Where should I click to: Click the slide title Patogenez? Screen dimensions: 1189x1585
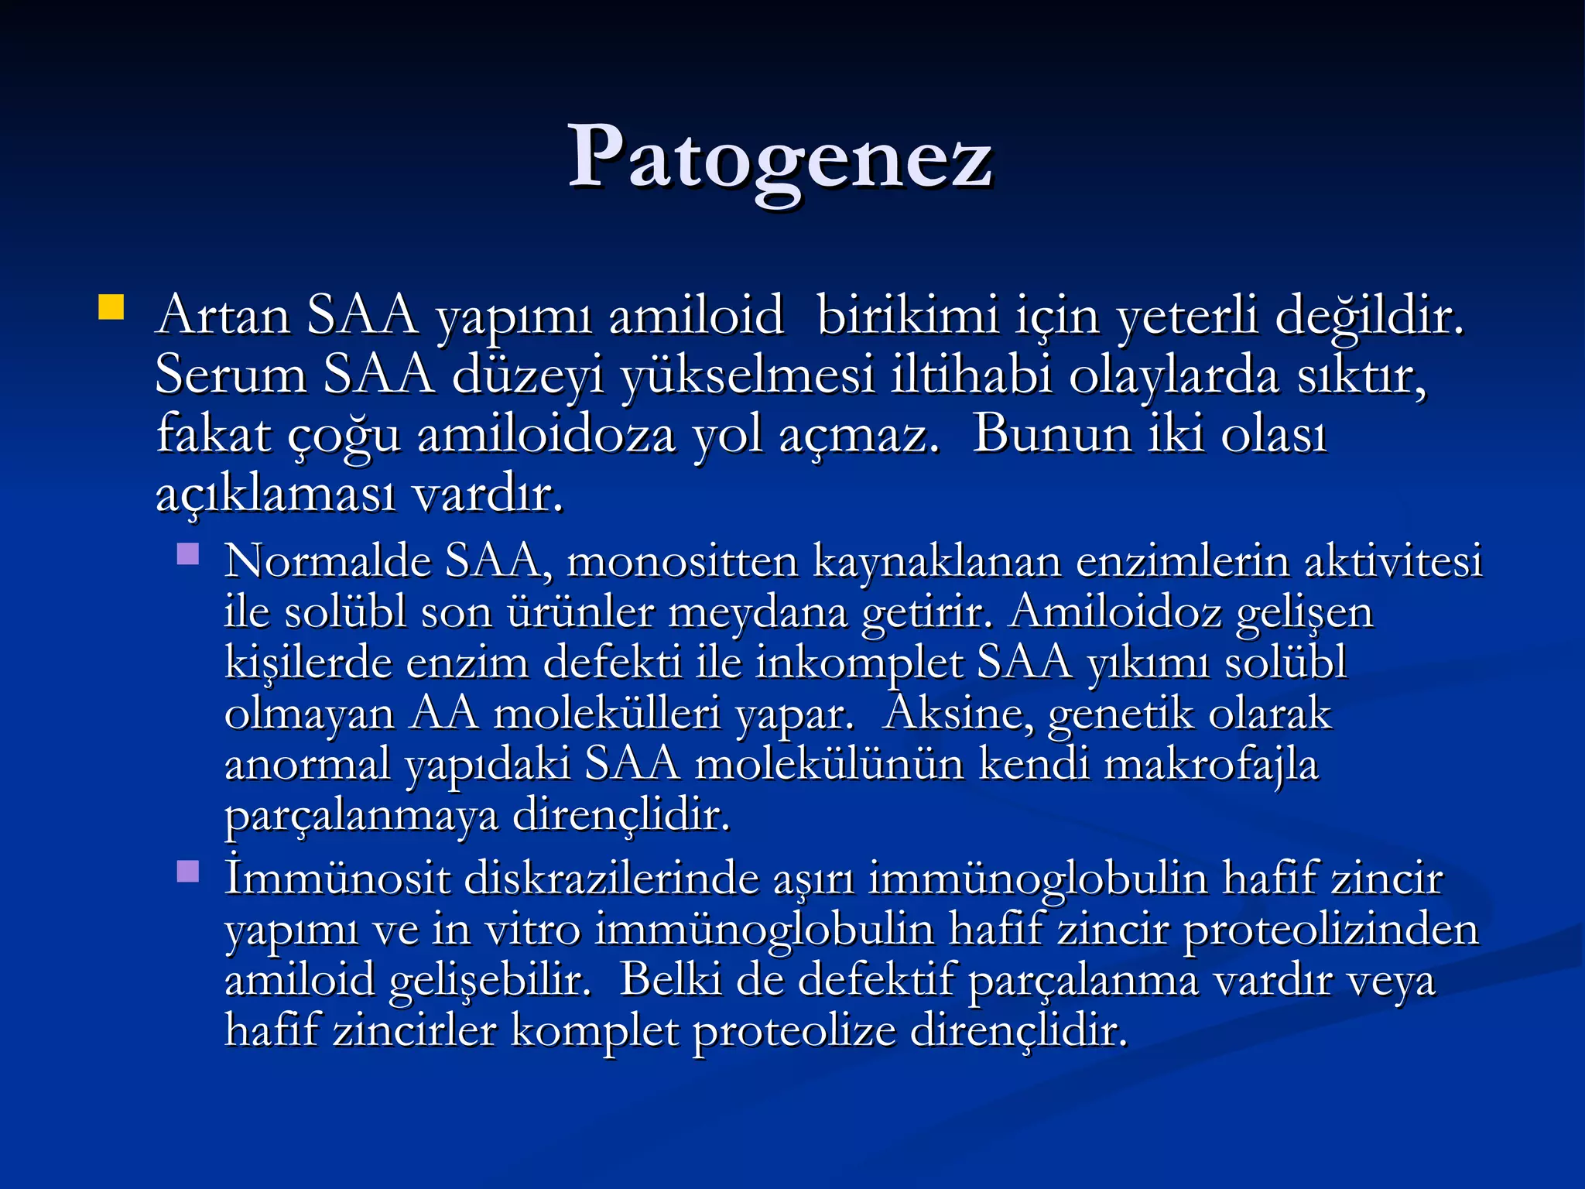[780, 159]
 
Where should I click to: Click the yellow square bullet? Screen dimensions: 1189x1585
[111, 307]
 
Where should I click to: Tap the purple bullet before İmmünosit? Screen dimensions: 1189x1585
[188, 872]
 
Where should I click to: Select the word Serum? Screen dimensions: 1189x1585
[231, 375]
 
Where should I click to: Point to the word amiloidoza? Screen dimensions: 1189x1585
[546, 435]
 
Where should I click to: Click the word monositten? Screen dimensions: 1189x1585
[682, 561]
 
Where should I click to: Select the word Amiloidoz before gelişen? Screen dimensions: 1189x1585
[1115, 612]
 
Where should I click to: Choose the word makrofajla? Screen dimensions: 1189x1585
[1210, 765]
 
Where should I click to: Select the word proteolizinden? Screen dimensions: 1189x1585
[1331, 930]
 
